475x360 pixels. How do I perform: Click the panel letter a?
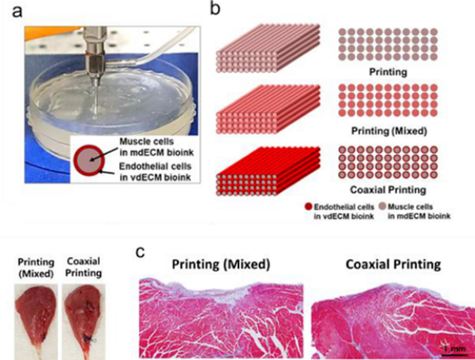point(18,12)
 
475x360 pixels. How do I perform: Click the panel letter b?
point(215,8)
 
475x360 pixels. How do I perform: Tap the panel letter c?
point(140,252)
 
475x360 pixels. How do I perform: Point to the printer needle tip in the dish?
point(96,114)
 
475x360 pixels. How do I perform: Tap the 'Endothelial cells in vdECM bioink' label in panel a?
point(155,172)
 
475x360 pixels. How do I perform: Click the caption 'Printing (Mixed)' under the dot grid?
point(389,131)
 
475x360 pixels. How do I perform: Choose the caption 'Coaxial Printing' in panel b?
point(388,190)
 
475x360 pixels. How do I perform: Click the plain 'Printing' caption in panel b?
point(388,72)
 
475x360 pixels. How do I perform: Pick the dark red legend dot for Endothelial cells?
point(309,206)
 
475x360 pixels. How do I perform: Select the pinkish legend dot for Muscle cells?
point(382,206)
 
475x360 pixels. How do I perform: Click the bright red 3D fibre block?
point(268,172)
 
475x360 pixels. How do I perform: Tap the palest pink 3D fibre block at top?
point(268,48)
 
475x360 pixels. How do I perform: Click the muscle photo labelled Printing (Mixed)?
point(36,320)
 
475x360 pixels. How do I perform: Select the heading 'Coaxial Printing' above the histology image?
point(393,264)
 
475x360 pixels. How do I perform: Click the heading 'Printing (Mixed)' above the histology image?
point(221,264)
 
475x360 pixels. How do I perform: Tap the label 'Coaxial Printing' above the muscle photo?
point(83,267)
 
